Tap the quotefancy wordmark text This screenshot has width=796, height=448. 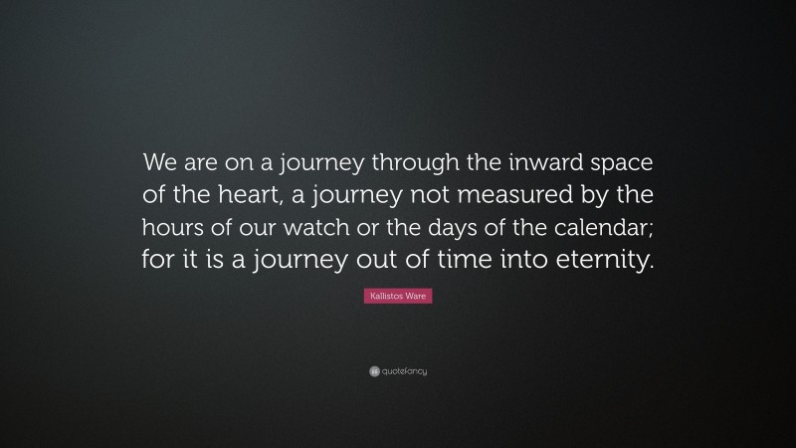coord(404,371)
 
